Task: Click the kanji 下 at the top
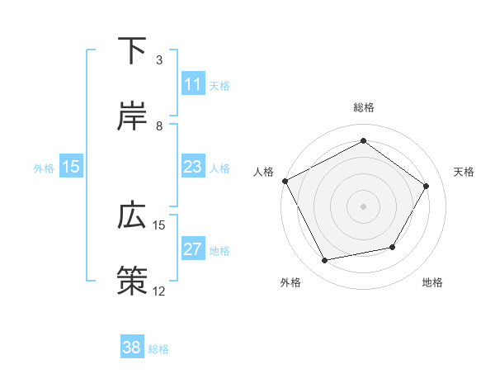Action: click(x=133, y=51)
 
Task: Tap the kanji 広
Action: click(x=133, y=215)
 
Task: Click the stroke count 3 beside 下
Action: click(x=159, y=60)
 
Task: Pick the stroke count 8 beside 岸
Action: click(x=159, y=125)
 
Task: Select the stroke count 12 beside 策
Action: click(x=159, y=291)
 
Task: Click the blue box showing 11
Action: click(x=193, y=84)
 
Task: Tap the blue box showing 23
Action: click(x=193, y=167)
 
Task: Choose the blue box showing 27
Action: click(x=193, y=249)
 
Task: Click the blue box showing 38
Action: click(x=132, y=348)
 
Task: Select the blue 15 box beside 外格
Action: click(x=71, y=167)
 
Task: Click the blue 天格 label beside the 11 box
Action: click(x=219, y=85)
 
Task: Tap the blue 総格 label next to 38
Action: click(x=158, y=348)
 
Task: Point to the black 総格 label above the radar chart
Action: click(x=363, y=107)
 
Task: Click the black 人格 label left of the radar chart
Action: click(x=264, y=172)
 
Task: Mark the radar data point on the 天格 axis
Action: click(x=426, y=186)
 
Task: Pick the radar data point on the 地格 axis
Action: click(x=393, y=247)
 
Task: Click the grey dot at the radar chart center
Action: click(x=363, y=206)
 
